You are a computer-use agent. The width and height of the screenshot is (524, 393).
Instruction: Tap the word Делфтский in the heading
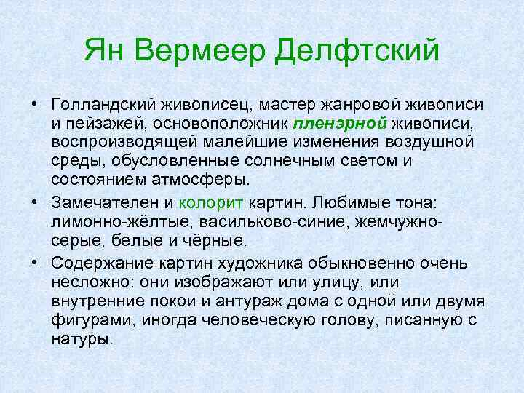[x=360, y=51]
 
